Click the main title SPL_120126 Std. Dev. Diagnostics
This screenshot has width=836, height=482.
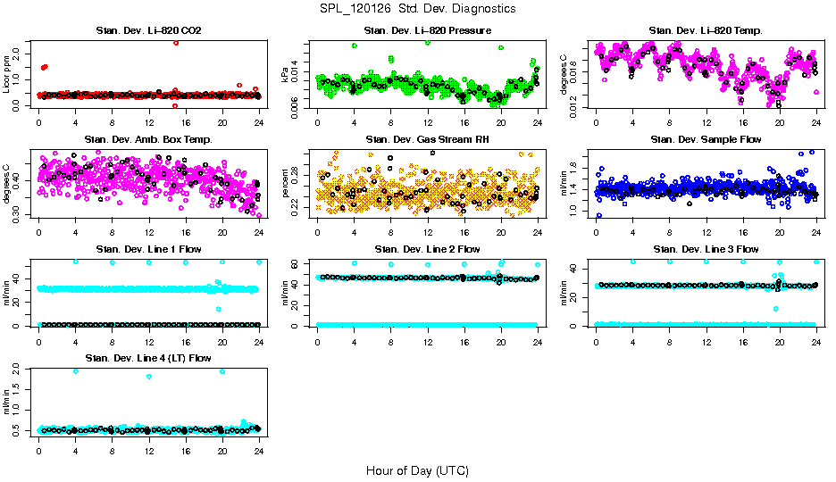(x=417, y=8)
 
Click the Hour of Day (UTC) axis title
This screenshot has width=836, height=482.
(x=417, y=470)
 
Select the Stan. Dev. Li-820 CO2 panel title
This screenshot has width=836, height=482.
(x=148, y=30)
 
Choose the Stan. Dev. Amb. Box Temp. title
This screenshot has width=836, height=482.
(x=148, y=139)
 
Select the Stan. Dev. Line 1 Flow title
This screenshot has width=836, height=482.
(x=148, y=249)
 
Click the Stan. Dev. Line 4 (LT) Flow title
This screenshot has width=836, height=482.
(x=148, y=358)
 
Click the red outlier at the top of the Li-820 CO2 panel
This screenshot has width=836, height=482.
(x=176, y=43)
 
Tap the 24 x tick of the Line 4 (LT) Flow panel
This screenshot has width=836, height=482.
(x=258, y=452)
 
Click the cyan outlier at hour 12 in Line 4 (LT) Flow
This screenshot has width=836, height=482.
(x=148, y=376)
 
